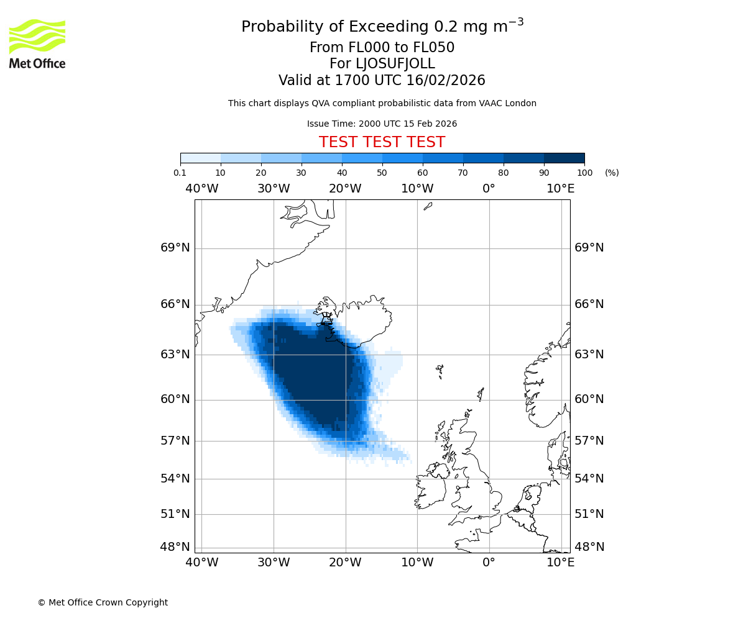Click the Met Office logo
pyautogui.click(x=37, y=43)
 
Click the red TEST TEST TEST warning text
pyautogui.click(x=382, y=143)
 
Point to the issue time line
pyautogui.click(x=382, y=124)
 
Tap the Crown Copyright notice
pyautogui.click(x=103, y=602)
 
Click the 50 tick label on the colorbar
pyautogui.click(x=382, y=173)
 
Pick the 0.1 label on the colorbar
pyautogui.click(x=180, y=173)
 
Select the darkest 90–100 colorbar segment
pyautogui.click(x=564, y=158)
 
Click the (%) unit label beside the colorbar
pyautogui.click(x=612, y=173)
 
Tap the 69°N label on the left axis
pyautogui.click(x=175, y=248)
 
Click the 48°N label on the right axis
pyautogui.click(x=589, y=547)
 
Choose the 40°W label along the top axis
pyautogui.click(x=201, y=189)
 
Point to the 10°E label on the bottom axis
pyautogui.click(x=560, y=563)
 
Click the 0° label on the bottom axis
pyautogui.click(x=489, y=563)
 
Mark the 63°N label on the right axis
pyautogui.click(x=589, y=355)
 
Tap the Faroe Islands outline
pyautogui.click(x=440, y=371)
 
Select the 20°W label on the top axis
pyautogui.click(x=345, y=189)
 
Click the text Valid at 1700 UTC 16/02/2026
pyautogui.click(x=382, y=81)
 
